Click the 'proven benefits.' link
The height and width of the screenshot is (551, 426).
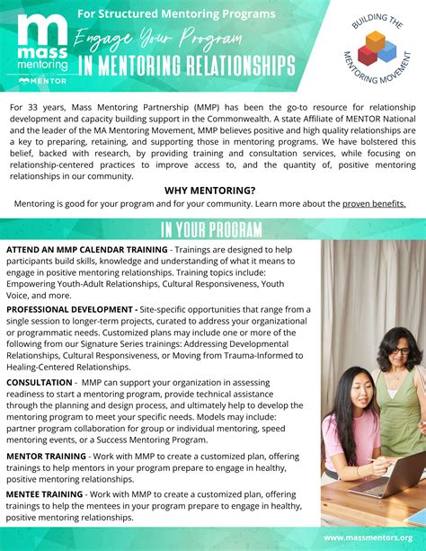click(374, 203)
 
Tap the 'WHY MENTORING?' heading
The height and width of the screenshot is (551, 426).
click(209, 191)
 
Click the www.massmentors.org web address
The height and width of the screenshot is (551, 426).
click(369, 538)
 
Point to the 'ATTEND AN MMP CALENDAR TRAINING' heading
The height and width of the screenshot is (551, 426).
click(87, 249)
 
